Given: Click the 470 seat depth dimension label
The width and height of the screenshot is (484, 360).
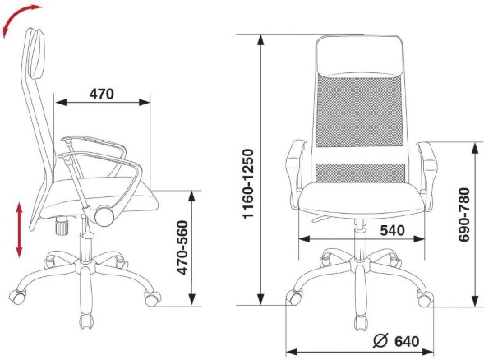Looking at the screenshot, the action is point(102,94).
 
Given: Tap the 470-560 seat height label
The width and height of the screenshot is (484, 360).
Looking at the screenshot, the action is point(182,247).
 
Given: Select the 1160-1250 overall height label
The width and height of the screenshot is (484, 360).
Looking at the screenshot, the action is point(248,184).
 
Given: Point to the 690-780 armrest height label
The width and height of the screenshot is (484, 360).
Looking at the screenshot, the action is point(463,215).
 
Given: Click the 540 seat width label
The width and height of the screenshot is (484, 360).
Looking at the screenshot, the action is point(392,230).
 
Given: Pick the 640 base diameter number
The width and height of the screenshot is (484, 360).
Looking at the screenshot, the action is point(407,341).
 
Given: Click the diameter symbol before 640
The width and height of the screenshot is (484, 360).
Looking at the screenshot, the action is point(380,341).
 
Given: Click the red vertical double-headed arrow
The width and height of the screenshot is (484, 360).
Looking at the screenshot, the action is point(20,229).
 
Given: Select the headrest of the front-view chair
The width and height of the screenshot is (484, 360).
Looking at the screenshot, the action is point(359,56).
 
